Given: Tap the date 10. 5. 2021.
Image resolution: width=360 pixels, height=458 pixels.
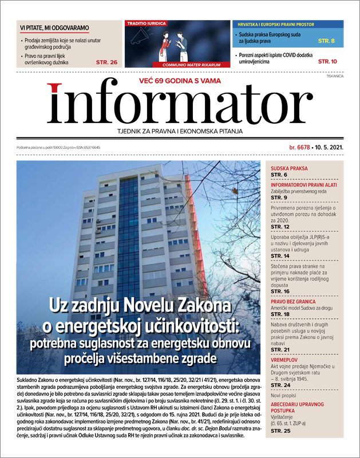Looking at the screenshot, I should click(x=330, y=148).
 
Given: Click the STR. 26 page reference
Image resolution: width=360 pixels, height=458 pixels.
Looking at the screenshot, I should click(x=106, y=62).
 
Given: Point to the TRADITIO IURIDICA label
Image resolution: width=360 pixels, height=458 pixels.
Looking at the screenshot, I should click(x=147, y=23).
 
